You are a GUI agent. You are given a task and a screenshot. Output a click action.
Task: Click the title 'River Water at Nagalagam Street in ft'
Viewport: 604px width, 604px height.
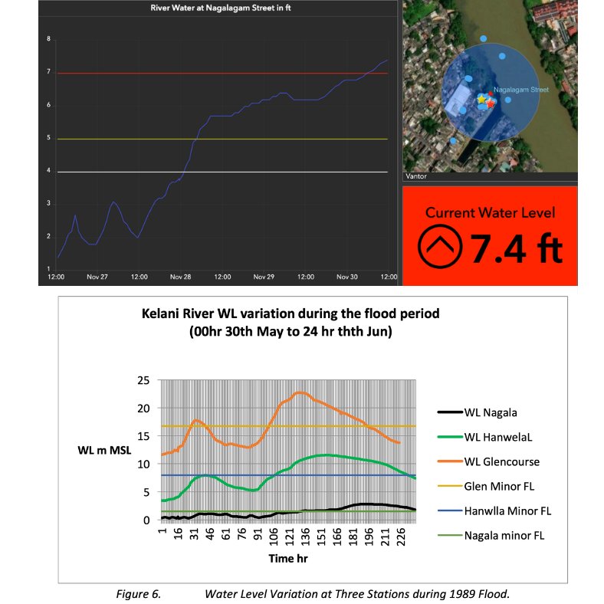[x=220, y=8]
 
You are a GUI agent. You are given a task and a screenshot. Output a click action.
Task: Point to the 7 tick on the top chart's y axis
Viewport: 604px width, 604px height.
[x=48, y=71]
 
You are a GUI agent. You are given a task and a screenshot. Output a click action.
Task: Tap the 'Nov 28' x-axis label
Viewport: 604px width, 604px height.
[x=180, y=277]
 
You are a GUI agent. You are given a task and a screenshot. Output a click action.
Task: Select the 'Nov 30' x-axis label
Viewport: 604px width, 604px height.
[x=346, y=277]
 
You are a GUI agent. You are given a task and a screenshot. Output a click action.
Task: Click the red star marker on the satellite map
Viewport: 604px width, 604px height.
[x=490, y=103]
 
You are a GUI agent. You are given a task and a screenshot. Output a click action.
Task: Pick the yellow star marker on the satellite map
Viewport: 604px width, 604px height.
[x=481, y=100]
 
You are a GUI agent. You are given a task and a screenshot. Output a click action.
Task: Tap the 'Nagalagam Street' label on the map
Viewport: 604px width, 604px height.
[x=520, y=90]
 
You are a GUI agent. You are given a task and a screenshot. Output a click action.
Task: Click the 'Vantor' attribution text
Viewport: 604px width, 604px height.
[x=416, y=176]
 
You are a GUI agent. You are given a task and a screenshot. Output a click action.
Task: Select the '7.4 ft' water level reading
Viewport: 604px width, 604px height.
[x=516, y=249]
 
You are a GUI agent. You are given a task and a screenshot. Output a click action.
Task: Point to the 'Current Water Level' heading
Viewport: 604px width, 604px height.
[x=490, y=212]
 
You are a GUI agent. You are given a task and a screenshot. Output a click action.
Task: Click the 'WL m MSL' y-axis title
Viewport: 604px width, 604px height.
[x=104, y=450]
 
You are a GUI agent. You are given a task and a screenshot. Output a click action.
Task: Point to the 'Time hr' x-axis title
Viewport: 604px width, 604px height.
[x=288, y=559]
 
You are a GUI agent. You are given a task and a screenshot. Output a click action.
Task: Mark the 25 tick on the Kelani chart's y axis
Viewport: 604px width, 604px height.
[x=143, y=381]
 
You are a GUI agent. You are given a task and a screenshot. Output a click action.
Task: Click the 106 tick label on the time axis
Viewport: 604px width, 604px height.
[x=274, y=537]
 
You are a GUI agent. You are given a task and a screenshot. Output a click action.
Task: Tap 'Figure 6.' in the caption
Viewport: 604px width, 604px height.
[x=138, y=594]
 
